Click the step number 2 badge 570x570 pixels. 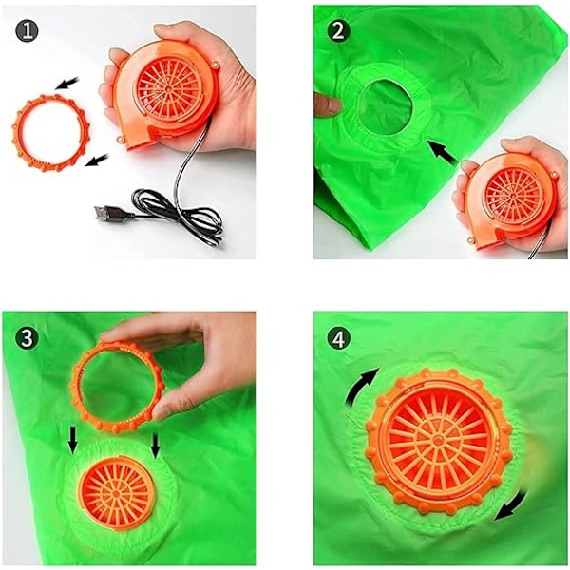pyautogui.click(x=338, y=30)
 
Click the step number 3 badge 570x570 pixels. pyautogui.click(x=27, y=338)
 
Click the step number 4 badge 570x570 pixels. pyautogui.click(x=338, y=338)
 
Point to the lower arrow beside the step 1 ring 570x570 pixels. pyautogui.click(x=96, y=160)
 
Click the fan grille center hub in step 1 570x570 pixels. pyautogui.click(x=168, y=88)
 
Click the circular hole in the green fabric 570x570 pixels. pyautogui.click(x=386, y=105)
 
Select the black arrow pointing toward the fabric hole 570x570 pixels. pyautogui.click(x=444, y=154)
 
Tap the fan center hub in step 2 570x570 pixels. pyautogui.click(x=514, y=197)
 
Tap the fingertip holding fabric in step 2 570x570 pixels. pyautogui.click(x=328, y=104)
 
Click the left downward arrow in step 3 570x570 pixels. pyautogui.click(x=73, y=439)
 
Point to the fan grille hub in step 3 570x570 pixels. pyautogui.click(x=115, y=494)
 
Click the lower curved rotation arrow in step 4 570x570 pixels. pyautogui.click(x=513, y=506)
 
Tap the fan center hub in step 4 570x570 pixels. pyautogui.click(x=440, y=442)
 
